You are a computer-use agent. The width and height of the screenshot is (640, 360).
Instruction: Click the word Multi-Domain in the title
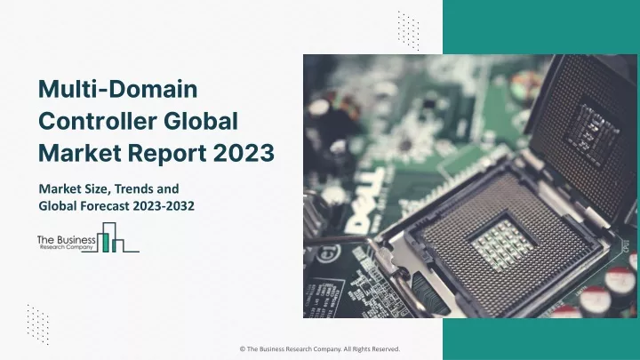pos(118,89)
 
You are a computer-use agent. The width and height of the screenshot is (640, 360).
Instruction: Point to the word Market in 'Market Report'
pos(80,153)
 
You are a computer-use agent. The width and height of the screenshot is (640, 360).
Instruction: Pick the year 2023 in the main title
pos(244,153)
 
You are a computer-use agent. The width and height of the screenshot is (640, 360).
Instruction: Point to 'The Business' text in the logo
pos(67,240)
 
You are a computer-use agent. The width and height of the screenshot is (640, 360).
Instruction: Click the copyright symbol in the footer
pos(243,349)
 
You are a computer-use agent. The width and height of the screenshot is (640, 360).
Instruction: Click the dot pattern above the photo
pos(409,31)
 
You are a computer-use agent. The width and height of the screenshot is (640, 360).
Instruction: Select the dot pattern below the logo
pos(38,324)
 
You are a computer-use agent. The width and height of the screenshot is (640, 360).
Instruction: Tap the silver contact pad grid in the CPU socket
pos(503,245)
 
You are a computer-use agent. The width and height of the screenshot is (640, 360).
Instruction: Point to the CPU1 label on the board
pos(626,245)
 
